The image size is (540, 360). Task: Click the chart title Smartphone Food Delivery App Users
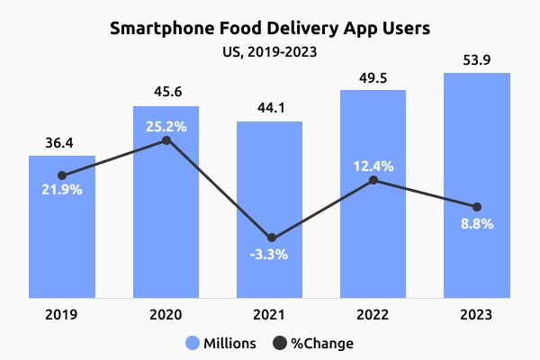(x=270, y=28)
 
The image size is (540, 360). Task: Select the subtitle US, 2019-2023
(x=270, y=51)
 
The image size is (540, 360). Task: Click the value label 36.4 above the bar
(x=61, y=143)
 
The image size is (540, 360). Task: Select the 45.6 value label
(x=166, y=93)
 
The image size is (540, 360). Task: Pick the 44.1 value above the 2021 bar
(x=269, y=107)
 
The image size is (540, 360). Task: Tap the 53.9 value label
(x=477, y=59)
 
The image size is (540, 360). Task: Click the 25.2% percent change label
(x=166, y=126)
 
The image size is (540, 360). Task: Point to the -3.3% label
(x=269, y=254)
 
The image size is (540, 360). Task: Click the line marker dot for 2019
(x=61, y=175)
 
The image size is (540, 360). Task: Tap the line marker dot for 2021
(x=269, y=237)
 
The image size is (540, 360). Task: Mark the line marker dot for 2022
(x=373, y=181)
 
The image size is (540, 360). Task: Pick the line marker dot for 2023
(x=477, y=207)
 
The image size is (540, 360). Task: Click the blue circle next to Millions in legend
(x=193, y=343)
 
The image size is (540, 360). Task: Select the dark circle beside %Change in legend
(x=279, y=343)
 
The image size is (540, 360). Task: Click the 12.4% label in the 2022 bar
(x=373, y=165)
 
